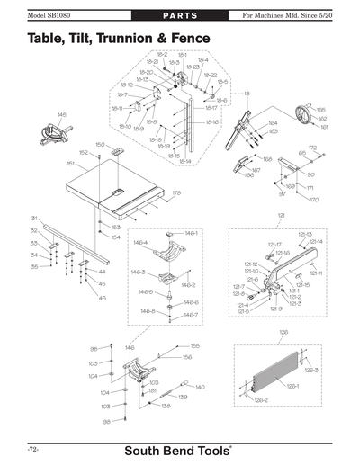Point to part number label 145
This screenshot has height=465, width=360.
pos(62,114)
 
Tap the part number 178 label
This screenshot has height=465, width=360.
pos(176,192)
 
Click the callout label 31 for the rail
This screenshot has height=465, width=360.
pos(34,218)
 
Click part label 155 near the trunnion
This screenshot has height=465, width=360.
pos(194,345)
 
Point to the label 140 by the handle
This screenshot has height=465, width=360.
pos(200,386)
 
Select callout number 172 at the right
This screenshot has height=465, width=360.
pos(312,148)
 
